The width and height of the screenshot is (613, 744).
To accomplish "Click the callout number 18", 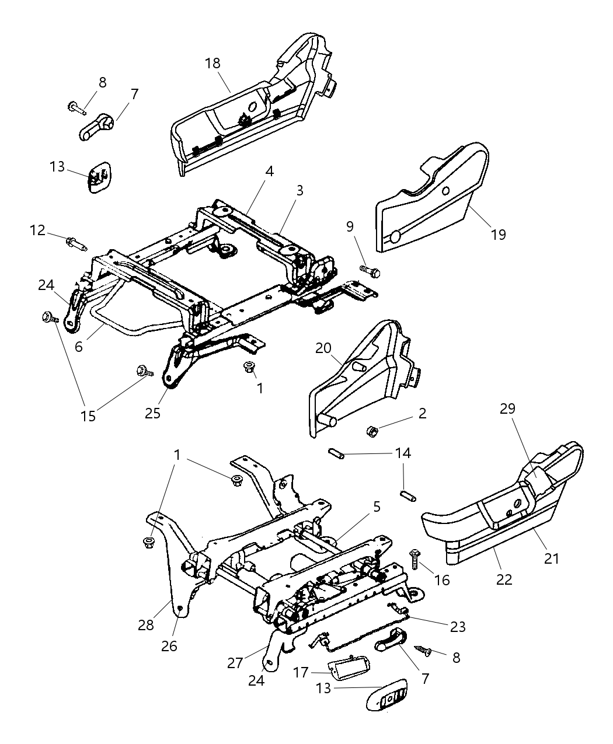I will point(213,63).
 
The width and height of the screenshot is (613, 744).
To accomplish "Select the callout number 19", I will point(498,234).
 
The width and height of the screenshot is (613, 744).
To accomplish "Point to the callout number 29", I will point(507,409).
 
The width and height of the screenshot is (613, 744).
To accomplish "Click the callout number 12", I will point(38,230).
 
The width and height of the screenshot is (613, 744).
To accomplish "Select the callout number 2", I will point(422,414).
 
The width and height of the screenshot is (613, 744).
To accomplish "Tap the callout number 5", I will point(377,507).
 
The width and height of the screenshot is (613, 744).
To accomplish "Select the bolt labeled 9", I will point(370,271).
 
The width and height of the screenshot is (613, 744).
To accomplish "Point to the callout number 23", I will point(458,627).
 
